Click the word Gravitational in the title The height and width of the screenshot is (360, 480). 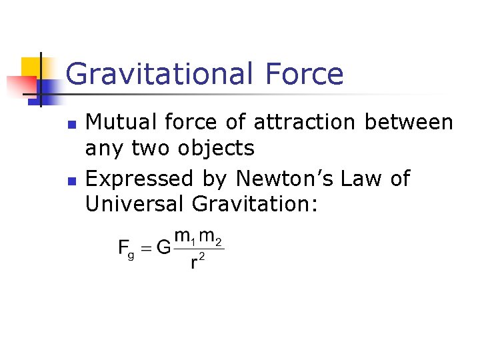click(157, 73)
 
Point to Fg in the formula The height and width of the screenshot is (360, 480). click(127, 249)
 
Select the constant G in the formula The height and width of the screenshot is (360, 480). click(164, 248)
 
